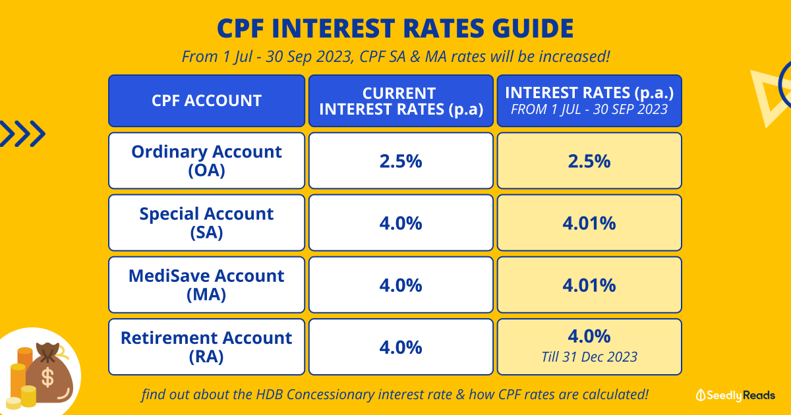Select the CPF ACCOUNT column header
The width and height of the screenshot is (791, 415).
pos(206,101)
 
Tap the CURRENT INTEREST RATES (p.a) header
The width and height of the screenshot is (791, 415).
pos(401,101)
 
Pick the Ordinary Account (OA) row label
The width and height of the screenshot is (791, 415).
pos(206,161)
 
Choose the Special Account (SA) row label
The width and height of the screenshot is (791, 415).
pos(206,223)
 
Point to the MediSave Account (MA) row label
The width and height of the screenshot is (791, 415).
pos(206,285)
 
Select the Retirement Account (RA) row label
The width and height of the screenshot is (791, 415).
pos(206,346)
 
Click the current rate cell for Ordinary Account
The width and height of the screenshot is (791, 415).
pos(401,161)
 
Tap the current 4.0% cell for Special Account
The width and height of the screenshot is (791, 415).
pos(401,223)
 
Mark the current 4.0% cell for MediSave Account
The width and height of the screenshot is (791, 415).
pos(401,285)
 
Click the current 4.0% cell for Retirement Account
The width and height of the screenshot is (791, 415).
pos(401,346)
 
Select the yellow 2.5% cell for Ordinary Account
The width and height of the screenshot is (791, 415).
pos(589,161)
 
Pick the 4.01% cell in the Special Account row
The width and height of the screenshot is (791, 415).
pos(589,223)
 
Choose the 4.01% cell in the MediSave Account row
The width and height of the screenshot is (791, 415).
pos(589,285)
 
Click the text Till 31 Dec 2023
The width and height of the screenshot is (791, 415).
pos(589,357)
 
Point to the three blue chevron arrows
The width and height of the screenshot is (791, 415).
pos(22,134)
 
